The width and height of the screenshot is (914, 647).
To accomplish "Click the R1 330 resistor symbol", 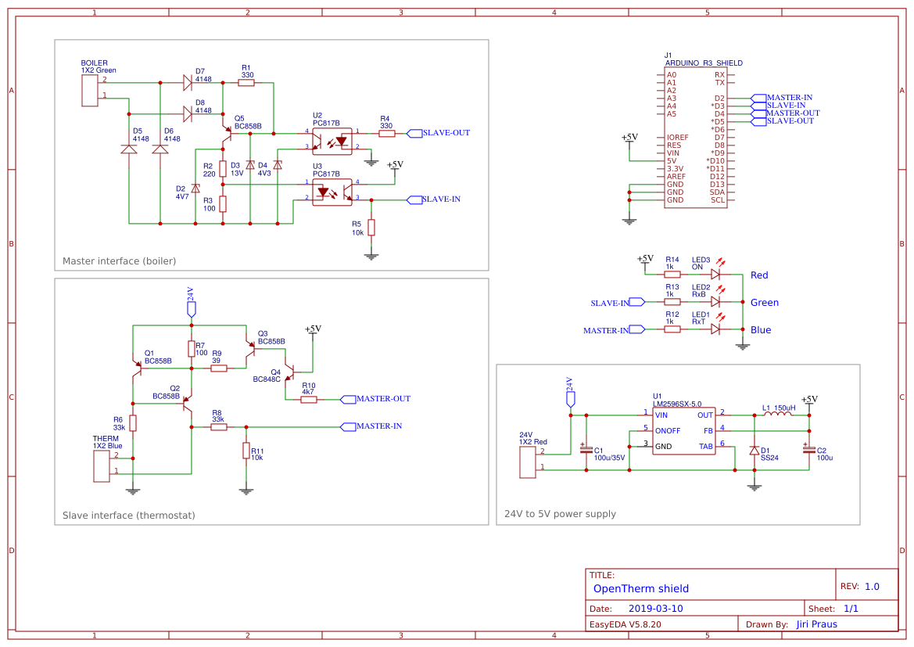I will tap(246, 82).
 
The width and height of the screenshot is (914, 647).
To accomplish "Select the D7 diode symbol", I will tap(188, 82).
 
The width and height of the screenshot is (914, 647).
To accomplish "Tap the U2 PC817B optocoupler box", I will tap(332, 140).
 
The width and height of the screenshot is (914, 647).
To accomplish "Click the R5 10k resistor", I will tap(371, 228).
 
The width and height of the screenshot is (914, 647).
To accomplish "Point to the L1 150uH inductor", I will tap(776, 415).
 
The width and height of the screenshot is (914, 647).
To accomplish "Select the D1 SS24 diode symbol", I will tap(754, 451).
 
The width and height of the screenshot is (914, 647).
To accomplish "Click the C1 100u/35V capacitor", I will tap(586, 450).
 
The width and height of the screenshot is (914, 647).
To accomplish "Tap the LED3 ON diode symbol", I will tap(715, 275).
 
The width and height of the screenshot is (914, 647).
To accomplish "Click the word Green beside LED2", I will tap(764, 303).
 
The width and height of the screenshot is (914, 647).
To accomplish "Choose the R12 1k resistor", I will tap(672, 329).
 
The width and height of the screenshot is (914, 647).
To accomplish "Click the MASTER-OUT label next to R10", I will tap(382, 399).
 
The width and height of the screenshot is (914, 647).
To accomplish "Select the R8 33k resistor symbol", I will tap(218, 427).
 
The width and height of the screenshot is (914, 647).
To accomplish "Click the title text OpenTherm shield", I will tap(640, 588).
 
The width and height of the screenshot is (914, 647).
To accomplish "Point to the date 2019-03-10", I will tap(655, 609).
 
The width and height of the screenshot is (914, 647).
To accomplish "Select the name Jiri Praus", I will tap(816, 624).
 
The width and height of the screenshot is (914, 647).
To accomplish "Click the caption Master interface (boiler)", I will tap(119, 261).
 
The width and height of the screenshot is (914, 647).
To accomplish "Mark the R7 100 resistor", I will tap(192, 349).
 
